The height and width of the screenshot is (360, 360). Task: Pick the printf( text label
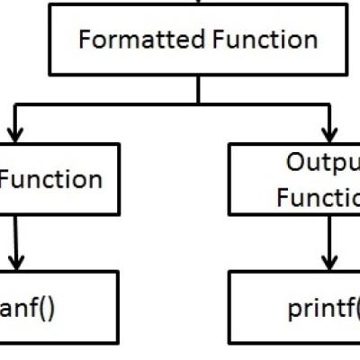click(322, 310)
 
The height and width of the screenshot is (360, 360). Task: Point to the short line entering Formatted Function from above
click(198, 3)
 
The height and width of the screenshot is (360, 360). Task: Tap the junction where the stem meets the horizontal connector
click(198, 106)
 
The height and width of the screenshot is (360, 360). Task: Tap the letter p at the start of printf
click(293, 312)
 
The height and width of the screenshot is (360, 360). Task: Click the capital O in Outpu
click(298, 162)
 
